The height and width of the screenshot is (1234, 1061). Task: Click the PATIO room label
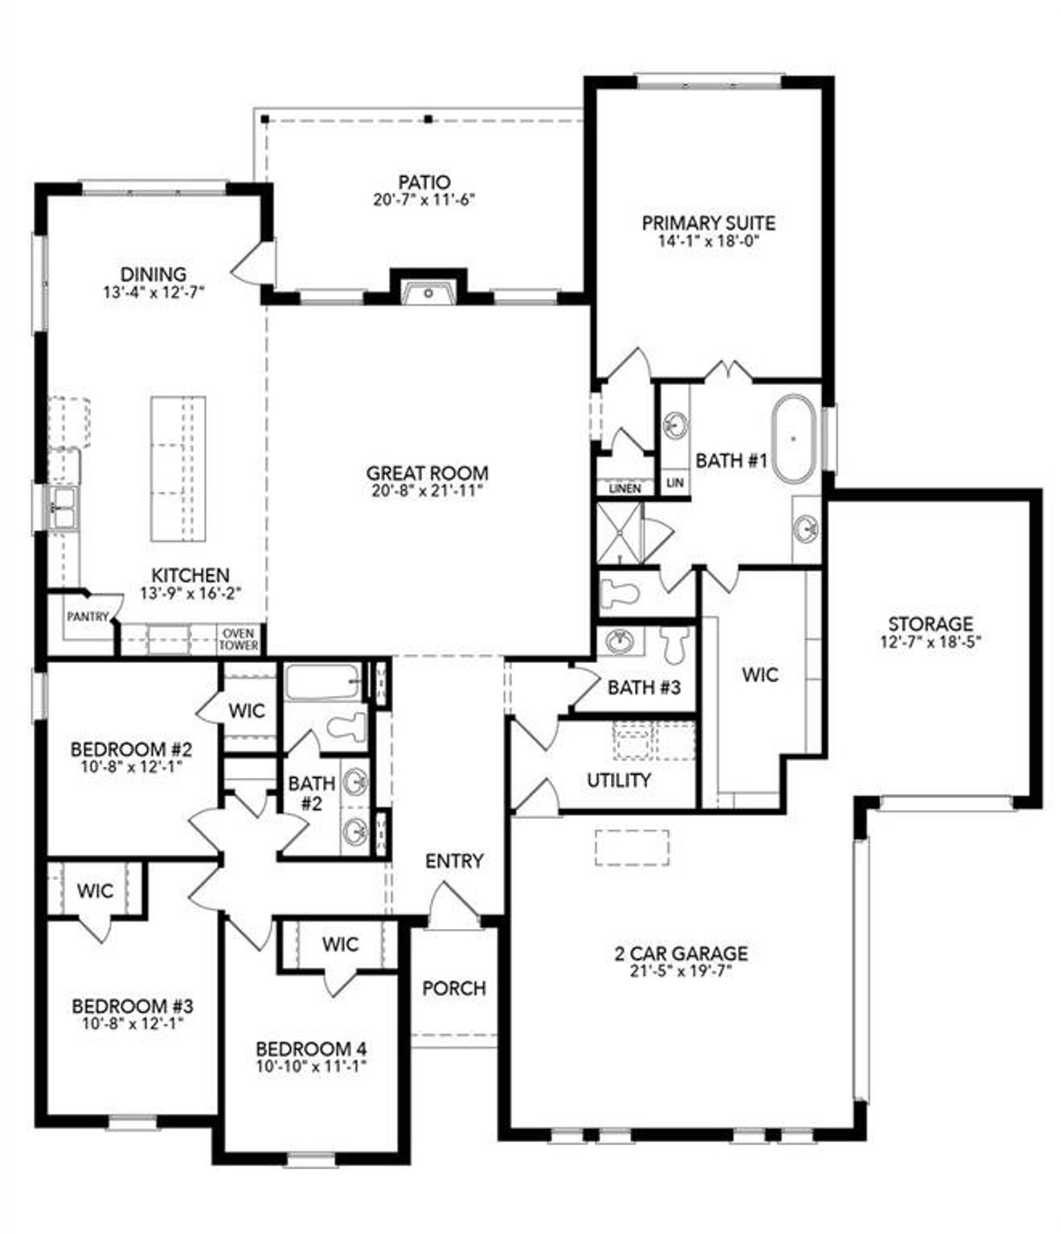pos(424,181)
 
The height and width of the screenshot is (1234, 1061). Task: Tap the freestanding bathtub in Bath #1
pos(794,438)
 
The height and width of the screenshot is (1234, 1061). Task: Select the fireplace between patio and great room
pos(428,292)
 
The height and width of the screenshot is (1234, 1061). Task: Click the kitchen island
pos(177,468)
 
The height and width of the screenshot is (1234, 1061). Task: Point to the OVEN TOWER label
pos(239,639)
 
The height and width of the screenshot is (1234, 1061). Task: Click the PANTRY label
pos(87,617)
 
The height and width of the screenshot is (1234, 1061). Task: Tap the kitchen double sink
pos(63,507)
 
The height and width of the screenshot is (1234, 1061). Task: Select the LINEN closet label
pos(625,488)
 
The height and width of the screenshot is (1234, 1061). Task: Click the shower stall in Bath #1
pos(620,535)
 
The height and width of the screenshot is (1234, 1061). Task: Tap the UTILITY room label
pos(618,780)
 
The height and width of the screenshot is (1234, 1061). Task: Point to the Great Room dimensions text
pos(427,490)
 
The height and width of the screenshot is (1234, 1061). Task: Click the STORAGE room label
pos(930,623)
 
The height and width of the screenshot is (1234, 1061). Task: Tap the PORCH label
pos(453,988)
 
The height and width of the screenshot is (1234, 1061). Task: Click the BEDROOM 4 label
pos(311,1048)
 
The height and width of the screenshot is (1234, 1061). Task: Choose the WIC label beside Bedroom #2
pos(246,710)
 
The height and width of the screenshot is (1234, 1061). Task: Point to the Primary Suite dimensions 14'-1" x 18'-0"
pos(708,241)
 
